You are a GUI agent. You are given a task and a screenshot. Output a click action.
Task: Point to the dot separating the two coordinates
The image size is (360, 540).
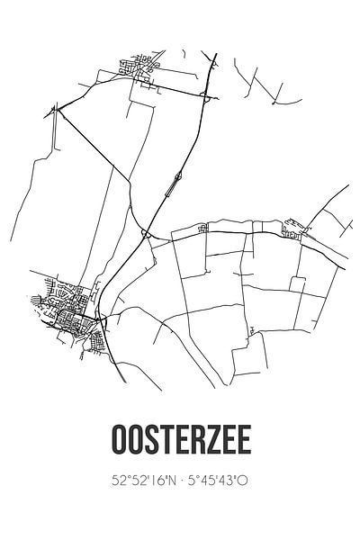[181, 481]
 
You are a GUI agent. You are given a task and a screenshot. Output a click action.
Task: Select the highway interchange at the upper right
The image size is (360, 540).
[206, 97]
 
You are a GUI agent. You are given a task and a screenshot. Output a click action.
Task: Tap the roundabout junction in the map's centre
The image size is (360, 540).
[144, 234]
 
